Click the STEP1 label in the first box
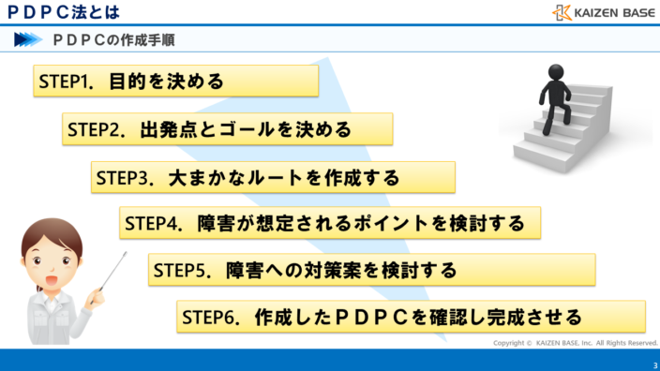pos(65,82)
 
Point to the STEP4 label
pos(151,225)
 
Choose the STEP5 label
pos(179,271)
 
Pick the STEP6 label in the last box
pos(208,317)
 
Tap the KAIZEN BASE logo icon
pos(561,12)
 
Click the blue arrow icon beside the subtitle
pos(28,39)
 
